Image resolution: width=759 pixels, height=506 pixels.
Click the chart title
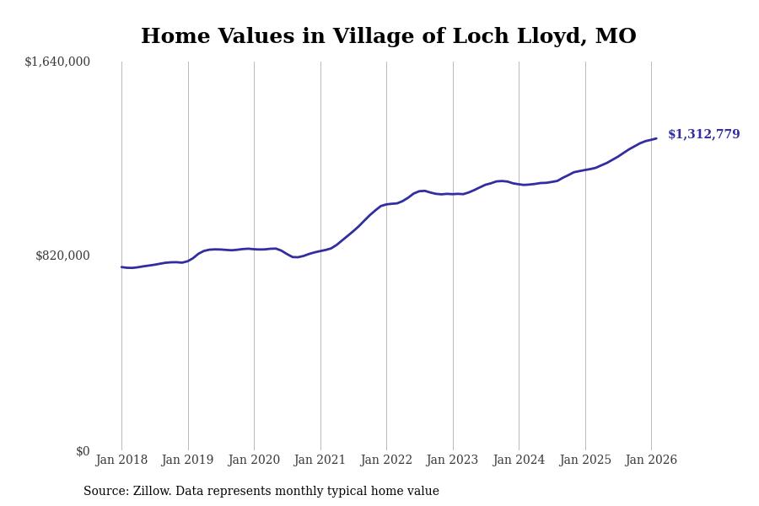pyautogui.click(x=388, y=37)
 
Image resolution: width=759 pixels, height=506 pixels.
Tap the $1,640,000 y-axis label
pyautogui.click(x=57, y=62)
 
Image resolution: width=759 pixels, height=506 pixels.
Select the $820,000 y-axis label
pyautogui.click(x=62, y=256)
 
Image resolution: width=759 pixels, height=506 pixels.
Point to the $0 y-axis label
pyautogui.click(x=83, y=451)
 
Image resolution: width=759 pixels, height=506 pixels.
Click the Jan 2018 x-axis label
pyautogui.click(x=121, y=460)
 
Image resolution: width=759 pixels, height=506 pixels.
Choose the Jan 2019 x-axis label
pyautogui.click(x=188, y=460)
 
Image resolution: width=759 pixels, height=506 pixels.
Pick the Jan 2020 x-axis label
pyautogui.click(x=254, y=460)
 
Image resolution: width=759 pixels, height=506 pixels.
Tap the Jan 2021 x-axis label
pyautogui.click(x=320, y=460)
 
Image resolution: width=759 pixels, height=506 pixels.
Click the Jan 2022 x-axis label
pyautogui.click(x=386, y=460)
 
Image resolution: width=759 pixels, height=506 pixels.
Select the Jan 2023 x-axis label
pyautogui.click(x=453, y=460)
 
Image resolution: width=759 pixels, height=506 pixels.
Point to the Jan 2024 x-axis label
pyautogui.click(x=519, y=460)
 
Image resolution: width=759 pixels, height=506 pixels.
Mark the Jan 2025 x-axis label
pyautogui.click(x=585, y=460)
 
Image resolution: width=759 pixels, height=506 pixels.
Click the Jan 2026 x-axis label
pyautogui.click(x=651, y=460)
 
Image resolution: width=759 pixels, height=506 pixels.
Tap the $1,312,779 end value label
pyautogui.click(x=703, y=135)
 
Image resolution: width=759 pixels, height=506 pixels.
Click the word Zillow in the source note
pyautogui.click(x=151, y=492)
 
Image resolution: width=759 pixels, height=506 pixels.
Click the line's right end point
pyautogui.click(x=656, y=138)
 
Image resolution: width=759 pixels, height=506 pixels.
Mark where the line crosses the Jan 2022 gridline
pyautogui.click(x=386, y=204)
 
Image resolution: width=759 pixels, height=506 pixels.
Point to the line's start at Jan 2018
pyautogui.click(x=121, y=267)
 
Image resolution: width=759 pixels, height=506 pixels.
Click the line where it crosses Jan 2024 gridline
pyautogui.click(x=519, y=185)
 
